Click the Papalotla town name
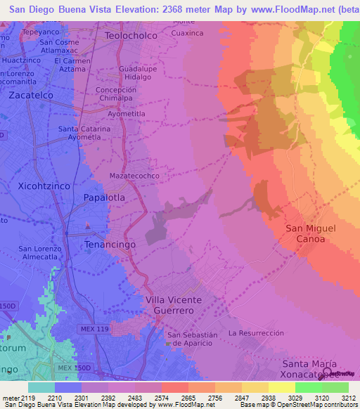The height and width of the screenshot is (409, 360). (x=104, y=197)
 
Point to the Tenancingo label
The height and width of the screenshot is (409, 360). (x=109, y=244)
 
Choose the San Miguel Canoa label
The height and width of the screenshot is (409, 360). (x=310, y=233)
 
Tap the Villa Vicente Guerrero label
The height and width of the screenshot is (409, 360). (x=173, y=305)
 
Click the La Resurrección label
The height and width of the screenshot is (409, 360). (x=256, y=332)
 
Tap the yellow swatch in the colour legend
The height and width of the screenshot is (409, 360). (x=282, y=387)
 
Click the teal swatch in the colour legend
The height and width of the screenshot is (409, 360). (x=41, y=387)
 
